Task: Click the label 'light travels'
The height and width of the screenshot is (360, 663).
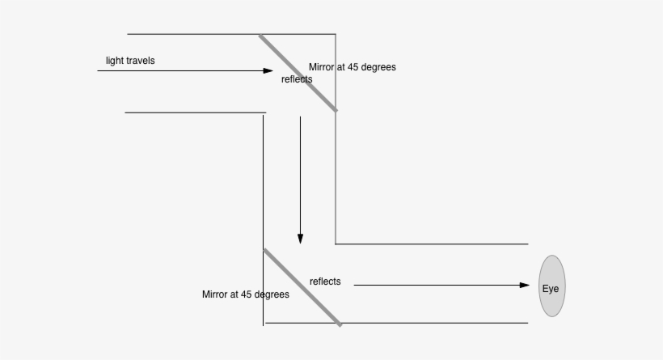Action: pos(130,61)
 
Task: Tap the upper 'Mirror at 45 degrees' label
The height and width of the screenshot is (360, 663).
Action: pos(353,67)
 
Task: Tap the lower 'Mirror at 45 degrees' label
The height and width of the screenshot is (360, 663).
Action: pos(246,294)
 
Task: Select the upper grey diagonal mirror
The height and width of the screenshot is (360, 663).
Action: pos(298,73)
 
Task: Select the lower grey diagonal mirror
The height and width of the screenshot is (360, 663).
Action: pos(302,287)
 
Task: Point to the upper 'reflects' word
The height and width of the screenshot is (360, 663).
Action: pos(297,79)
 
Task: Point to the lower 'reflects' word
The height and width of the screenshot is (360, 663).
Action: pos(325,282)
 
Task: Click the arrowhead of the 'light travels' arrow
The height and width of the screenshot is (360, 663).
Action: pos(268,71)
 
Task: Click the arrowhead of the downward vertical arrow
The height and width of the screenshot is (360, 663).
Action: pos(300,239)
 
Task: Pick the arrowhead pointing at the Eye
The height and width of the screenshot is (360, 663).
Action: pos(525,285)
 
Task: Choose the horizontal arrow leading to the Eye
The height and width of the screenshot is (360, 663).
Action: pos(437,285)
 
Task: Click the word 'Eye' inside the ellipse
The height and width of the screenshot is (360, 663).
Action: pos(551,288)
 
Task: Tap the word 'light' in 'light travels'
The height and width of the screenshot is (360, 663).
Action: pos(115,61)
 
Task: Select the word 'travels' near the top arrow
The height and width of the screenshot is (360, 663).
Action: pos(141,61)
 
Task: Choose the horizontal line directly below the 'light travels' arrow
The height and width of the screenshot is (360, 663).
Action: pos(194,112)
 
